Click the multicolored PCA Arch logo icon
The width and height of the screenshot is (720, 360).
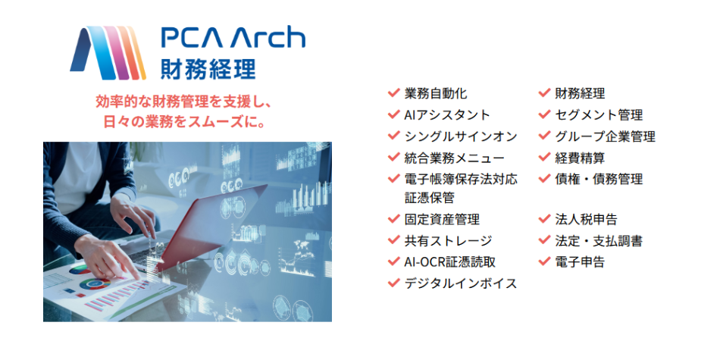[x=108, y=53]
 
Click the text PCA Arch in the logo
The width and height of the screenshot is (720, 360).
[x=233, y=38]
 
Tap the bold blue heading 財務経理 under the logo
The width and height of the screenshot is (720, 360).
[x=208, y=69]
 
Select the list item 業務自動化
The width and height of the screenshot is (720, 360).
[x=436, y=93]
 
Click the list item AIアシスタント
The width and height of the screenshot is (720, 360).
[x=447, y=114]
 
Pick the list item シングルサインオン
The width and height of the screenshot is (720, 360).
[x=461, y=136]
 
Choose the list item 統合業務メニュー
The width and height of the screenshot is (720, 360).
[x=454, y=158]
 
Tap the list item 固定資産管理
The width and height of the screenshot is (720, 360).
[x=442, y=219]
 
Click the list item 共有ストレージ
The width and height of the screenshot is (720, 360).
[x=448, y=240]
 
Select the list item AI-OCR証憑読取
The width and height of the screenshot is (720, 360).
[x=450, y=261]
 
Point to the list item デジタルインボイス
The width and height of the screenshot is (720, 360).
[x=461, y=283]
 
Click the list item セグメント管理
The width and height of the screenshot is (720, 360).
[x=599, y=114]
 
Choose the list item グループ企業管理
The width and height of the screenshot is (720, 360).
[x=605, y=136]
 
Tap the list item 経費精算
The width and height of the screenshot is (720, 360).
[x=580, y=158]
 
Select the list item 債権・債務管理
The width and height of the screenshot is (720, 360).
[x=599, y=179]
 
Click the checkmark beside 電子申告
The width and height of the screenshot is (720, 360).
[x=544, y=261]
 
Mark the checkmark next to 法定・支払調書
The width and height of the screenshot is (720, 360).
[x=544, y=239]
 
